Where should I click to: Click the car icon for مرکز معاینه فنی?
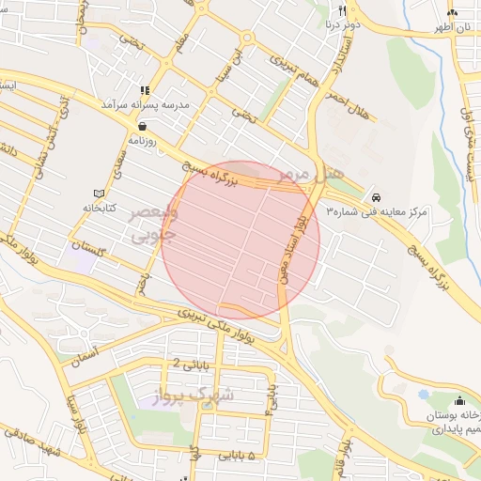point(376,198)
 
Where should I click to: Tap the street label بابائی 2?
point(188,364)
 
